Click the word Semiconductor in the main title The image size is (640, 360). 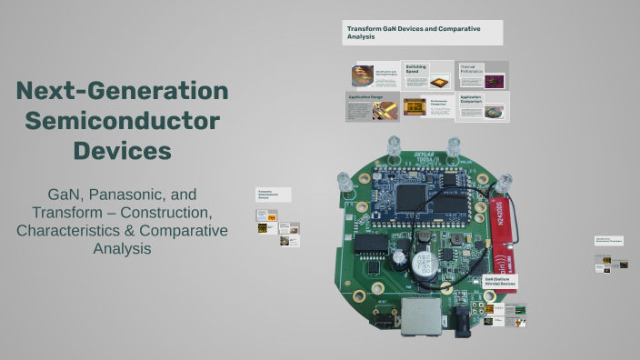click(122, 120)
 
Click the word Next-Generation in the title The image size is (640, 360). click(122, 91)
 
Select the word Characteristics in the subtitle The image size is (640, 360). click(68, 231)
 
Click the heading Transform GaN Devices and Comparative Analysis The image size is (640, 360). click(422, 32)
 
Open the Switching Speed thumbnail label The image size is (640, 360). click(415, 69)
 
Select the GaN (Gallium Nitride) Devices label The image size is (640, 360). click(501, 284)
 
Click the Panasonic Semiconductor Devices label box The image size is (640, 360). click(273, 195)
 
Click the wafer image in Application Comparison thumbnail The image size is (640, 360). click(494, 113)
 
